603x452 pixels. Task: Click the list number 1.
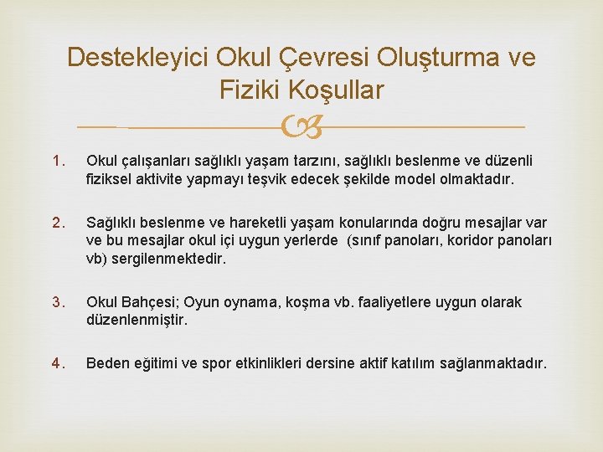coord(59,161)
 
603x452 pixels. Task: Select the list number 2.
coord(59,223)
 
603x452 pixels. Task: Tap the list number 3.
coord(59,301)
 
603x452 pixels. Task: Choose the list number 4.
coord(59,363)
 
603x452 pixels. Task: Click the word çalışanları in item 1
coord(157,161)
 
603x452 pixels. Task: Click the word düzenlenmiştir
coord(137,320)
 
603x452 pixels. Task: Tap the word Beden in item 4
coord(107,363)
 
